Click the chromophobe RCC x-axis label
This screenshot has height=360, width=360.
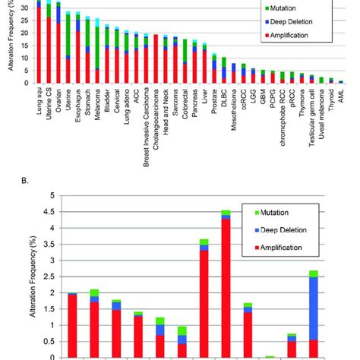coord(283,115)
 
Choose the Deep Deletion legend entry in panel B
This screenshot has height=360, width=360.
coord(280,229)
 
